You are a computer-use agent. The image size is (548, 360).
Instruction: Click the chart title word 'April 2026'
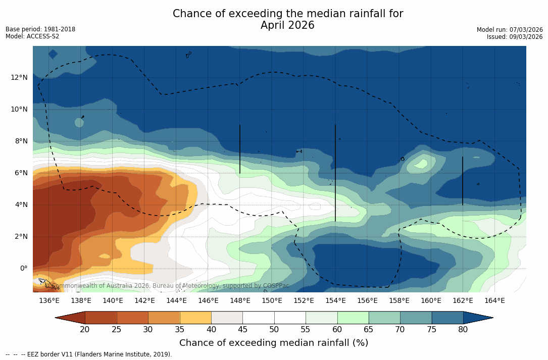287,25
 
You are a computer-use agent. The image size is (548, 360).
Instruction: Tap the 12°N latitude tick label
19,77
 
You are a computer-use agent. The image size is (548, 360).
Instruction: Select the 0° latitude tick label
23,268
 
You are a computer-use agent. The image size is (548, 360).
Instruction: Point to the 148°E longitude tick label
240,301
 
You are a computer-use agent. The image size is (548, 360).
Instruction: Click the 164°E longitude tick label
494,301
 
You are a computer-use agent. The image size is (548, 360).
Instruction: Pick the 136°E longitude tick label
49,301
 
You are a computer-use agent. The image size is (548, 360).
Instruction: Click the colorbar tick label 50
274,330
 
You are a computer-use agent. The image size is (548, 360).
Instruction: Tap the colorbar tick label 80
463,330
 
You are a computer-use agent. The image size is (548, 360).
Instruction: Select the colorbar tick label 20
85,330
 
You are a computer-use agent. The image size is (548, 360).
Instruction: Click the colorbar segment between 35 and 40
195,318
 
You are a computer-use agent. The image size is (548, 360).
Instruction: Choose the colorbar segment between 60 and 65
353,318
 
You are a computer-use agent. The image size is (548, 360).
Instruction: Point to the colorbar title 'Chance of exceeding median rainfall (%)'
274,343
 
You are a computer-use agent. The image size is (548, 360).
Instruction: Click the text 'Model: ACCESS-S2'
32,36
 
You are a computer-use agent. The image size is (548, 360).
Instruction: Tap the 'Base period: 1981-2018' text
40,29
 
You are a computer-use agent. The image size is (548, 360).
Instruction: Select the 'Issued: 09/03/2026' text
515,37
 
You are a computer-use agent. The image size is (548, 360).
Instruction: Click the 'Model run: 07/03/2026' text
510,30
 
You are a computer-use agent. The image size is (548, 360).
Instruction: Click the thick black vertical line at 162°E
462,180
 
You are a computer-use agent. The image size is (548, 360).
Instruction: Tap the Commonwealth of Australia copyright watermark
170,286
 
